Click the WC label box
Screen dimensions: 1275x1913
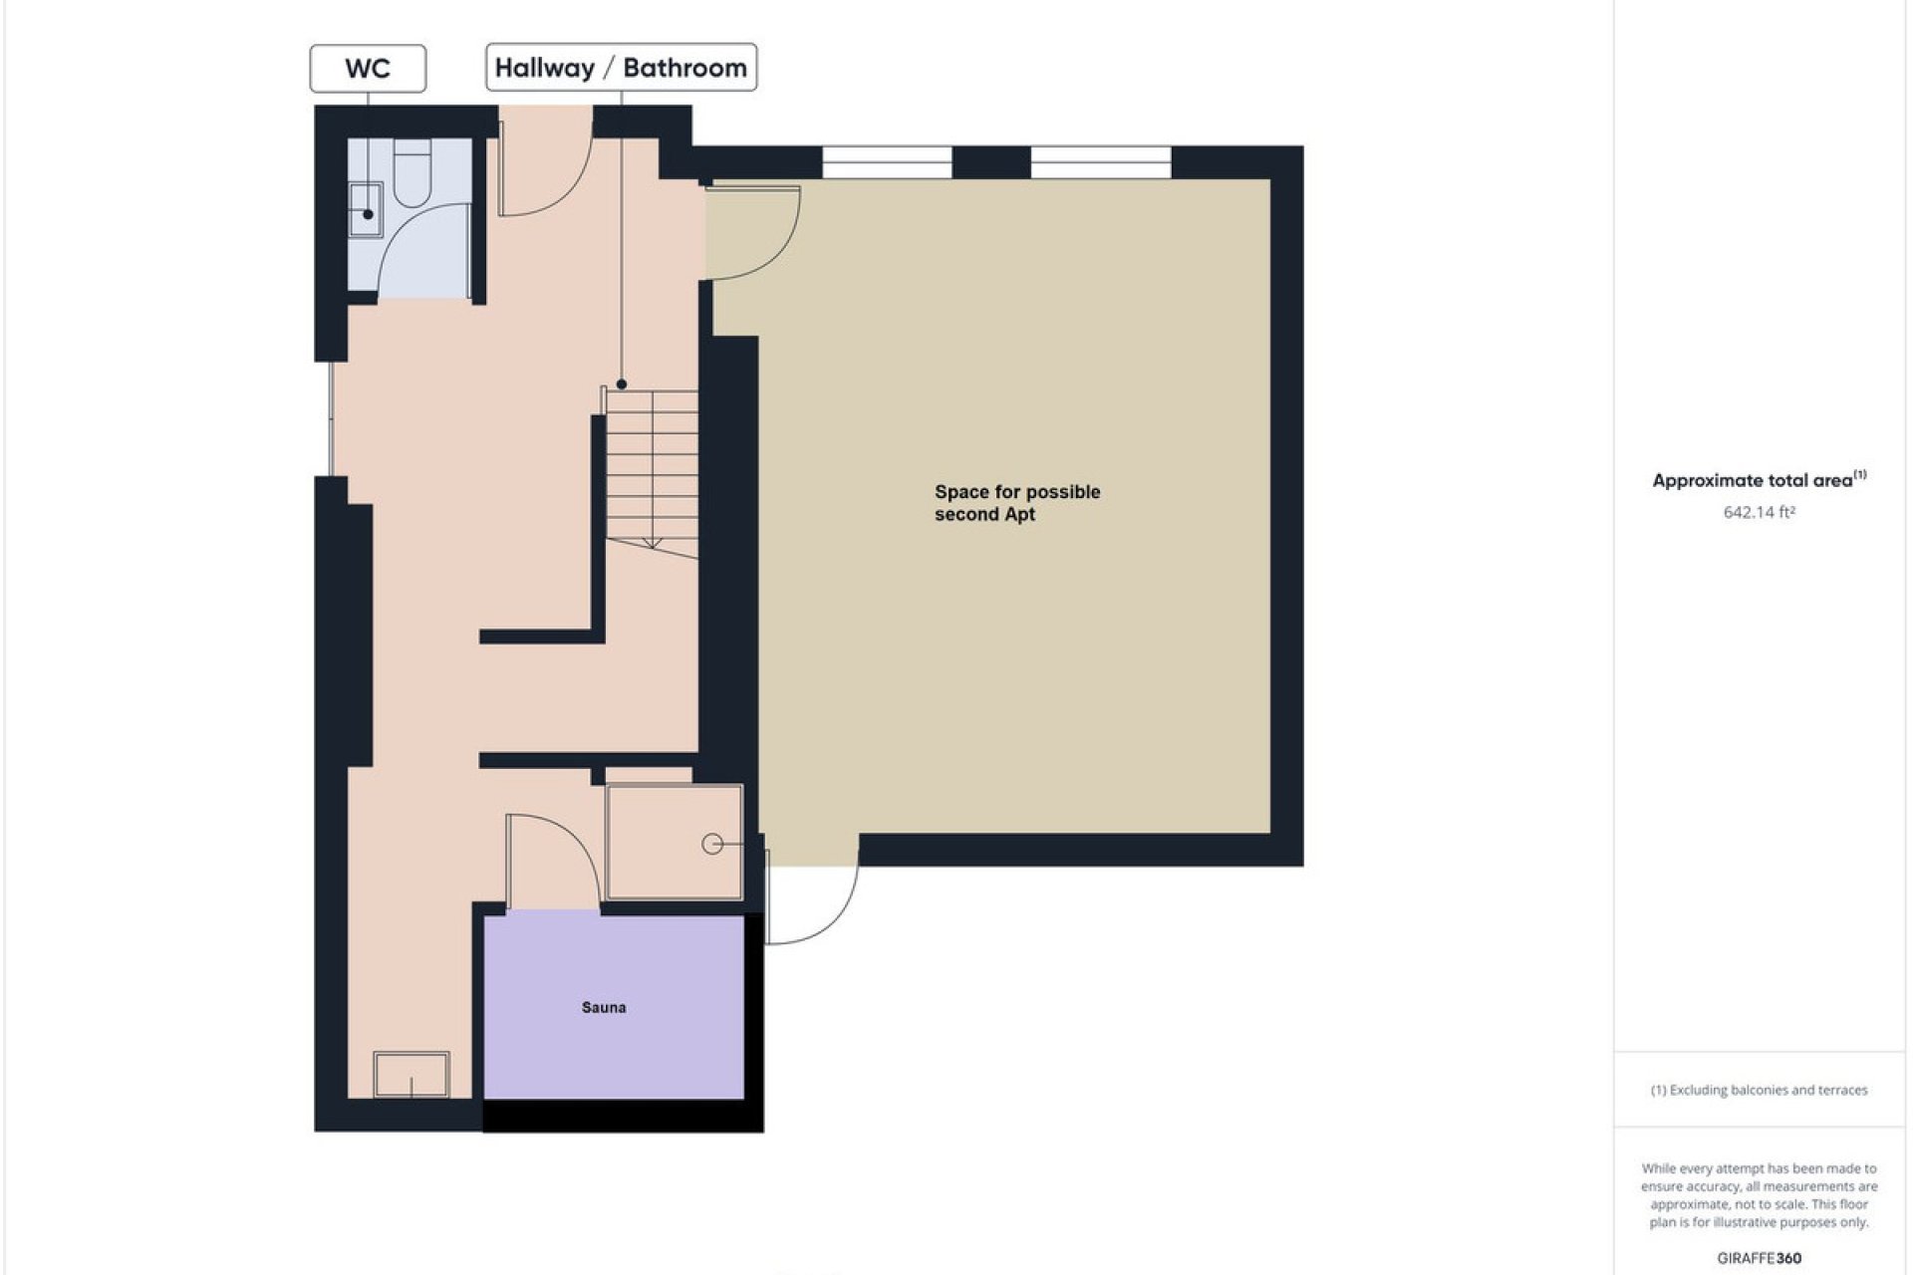pos(368,69)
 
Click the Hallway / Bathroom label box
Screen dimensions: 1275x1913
pos(621,68)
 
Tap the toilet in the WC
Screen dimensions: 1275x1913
pos(411,172)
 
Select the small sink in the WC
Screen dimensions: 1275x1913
pos(365,209)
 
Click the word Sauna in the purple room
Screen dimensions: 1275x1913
pos(604,1007)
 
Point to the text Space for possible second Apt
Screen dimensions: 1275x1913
pos(1016,503)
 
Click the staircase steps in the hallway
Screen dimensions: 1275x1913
pos(653,468)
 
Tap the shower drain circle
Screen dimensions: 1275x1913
pos(712,844)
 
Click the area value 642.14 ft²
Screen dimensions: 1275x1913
pos(1759,512)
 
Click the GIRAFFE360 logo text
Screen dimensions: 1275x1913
pos(1759,1258)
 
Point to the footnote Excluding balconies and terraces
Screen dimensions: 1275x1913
pos(1759,1090)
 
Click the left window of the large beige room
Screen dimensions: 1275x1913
pos(887,162)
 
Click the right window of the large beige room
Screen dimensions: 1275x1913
pos(1100,162)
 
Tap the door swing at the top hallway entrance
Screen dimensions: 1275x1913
pos(543,174)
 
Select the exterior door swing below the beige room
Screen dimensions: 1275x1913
pos(812,896)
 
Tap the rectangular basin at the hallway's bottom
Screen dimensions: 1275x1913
pos(411,1075)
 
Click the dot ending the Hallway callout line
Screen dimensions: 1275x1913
pos(622,384)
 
